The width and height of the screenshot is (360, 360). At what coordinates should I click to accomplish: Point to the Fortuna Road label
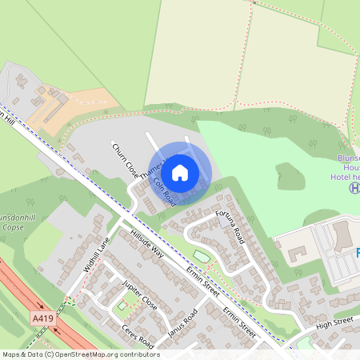230,228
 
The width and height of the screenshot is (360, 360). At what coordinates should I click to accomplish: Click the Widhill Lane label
95,254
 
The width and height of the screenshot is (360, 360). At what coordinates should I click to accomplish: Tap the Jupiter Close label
139,295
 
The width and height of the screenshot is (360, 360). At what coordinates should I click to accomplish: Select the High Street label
334,321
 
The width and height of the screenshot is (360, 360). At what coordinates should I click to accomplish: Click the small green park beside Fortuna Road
200,257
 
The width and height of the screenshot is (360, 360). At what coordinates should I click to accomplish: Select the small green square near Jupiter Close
122,305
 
